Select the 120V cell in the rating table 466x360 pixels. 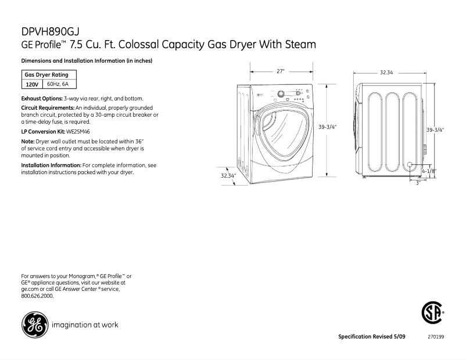coord(32,84)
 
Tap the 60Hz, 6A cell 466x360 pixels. coord(58,84)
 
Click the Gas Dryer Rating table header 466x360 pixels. coord(46,75)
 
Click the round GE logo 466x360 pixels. coord(34,325)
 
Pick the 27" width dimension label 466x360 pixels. coord(281,71)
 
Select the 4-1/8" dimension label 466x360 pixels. coord(429,171)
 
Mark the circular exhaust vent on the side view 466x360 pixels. coord(411,165)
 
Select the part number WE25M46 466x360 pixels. coord(77,131)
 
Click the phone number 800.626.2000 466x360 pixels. coord(37,296)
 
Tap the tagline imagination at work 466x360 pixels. coord(85,325)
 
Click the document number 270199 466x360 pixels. coord(435,337)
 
